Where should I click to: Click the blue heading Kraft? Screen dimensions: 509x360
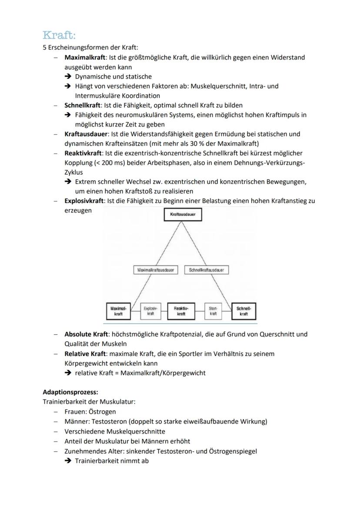60,35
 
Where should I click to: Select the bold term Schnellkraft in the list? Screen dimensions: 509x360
82,105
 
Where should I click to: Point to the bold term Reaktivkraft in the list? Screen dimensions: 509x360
83,153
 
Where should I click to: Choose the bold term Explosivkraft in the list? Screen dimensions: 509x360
84,201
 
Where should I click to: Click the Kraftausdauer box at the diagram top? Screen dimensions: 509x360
183,214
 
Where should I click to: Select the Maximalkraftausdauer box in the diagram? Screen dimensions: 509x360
155,270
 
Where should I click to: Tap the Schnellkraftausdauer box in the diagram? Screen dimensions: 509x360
207,270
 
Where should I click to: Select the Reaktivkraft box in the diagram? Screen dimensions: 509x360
181,311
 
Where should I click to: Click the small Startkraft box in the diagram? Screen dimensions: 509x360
213,311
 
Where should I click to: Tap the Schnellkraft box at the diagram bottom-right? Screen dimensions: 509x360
244,311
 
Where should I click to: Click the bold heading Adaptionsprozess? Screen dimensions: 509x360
70,392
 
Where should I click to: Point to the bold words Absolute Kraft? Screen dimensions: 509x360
86,334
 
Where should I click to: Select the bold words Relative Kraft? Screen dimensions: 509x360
85,354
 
